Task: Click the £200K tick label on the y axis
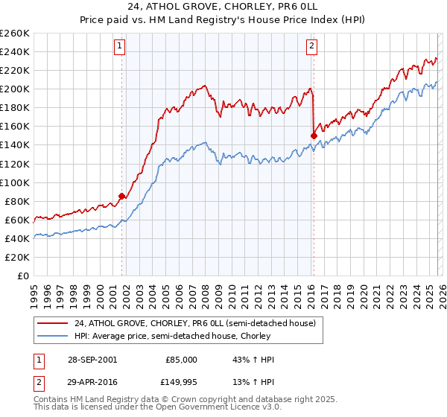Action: click(x=14, y=89)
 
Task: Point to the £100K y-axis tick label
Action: click(x=14, y=182)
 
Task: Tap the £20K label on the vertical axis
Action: click(x=16, y=257)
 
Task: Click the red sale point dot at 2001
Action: click(x=122, y=196)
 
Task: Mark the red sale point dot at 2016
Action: click(x=314, y=135)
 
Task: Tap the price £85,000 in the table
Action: click(x=181, y=360)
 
